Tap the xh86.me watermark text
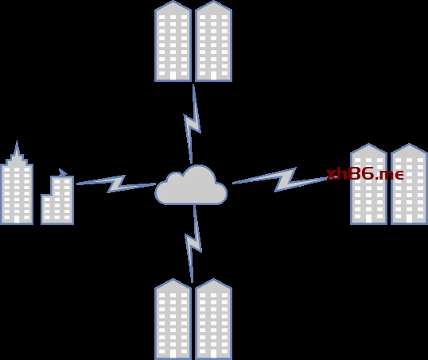(x=365, y=174)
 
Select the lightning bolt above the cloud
(x=193, y=124)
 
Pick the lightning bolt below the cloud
(x=194, y=244)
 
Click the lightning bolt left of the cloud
(x=116, y=184)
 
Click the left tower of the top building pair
(x=173, y=41)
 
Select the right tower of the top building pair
(x=213, y=41)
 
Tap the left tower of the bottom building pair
(x=173, y=319)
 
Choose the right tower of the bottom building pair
(x=213, y=319)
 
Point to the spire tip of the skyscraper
(x=17, y=141)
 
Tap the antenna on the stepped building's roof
(x=63, y=172)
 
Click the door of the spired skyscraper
(x=17, y=219)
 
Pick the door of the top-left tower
(x=173, y=75)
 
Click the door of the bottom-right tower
(x=213, y=354)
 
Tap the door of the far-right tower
(x=409, y=219)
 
